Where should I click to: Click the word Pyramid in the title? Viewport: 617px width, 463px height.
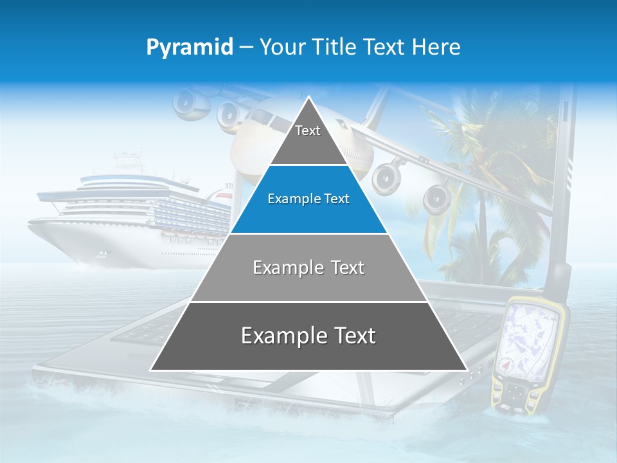[190, 48]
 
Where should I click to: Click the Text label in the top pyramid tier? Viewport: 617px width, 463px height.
[308, 131]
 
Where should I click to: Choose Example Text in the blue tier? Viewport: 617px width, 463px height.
[308, 199]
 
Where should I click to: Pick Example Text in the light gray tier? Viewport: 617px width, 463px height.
[308, 268]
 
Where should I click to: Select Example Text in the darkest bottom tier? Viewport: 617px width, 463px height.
[308, 336]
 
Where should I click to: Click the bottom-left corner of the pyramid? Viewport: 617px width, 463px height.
[151, 370]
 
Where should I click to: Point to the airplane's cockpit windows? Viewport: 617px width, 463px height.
[260, 119]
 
